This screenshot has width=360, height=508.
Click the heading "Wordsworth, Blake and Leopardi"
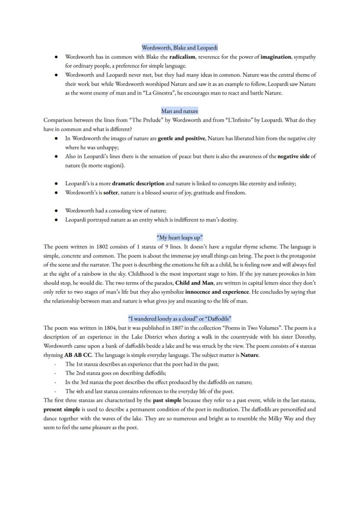[180, 47]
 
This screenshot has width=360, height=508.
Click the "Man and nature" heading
[180, 111]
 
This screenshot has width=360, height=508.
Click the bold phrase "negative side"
[293, 156]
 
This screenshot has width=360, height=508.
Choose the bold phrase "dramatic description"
[138, 183]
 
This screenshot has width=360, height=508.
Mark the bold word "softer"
[111, 193]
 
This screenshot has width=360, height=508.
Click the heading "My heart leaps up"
[180, 237]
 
